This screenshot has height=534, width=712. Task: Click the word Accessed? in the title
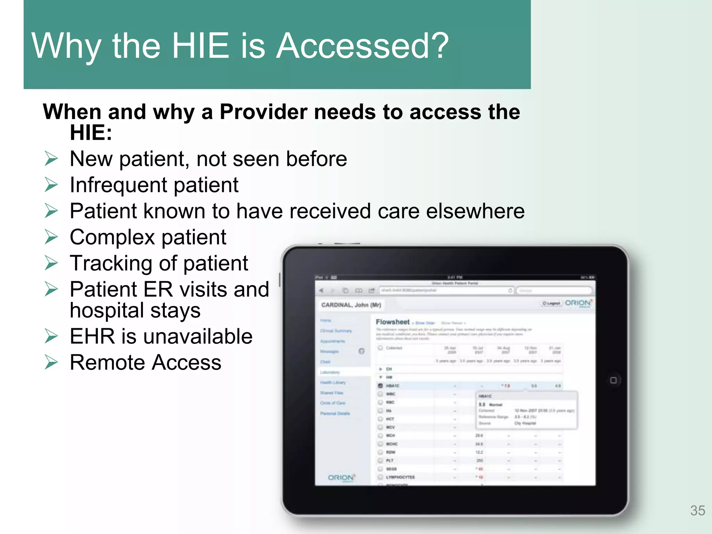[362, 46]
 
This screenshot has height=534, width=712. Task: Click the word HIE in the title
[200, 46]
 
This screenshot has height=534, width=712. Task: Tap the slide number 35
[697, 510]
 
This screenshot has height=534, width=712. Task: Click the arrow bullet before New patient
[51, 159]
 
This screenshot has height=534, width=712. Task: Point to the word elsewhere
[475, 211]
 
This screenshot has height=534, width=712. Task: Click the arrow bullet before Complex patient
[51, 237]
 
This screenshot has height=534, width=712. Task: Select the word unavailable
[196, 337]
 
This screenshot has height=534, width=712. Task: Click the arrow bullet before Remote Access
[51, 363]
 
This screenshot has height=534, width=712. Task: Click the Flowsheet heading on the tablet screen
[393, 322]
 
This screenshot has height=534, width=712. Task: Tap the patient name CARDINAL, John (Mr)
[351, 305]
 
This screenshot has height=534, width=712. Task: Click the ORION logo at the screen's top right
[578, 303]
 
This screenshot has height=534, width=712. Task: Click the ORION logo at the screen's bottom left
[341, 478]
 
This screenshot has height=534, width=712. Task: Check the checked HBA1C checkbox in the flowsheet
[380, 386]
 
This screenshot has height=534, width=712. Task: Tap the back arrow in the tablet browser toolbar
[321, 290]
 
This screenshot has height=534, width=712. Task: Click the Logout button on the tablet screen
[551, 304]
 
